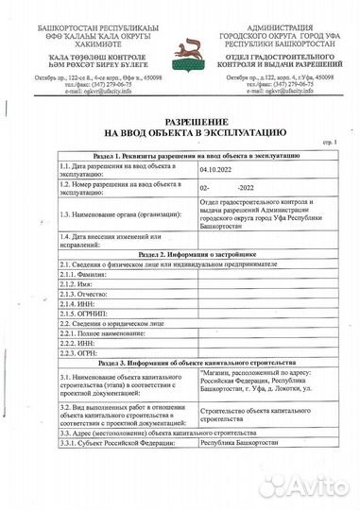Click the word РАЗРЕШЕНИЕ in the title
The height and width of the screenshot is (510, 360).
coord(179,124)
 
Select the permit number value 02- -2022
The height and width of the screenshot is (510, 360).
coord(227,189)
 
